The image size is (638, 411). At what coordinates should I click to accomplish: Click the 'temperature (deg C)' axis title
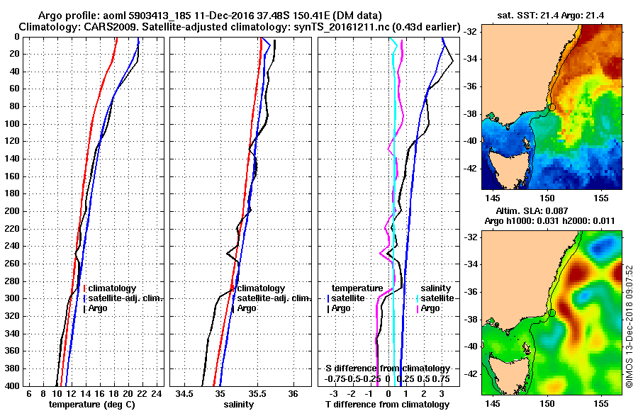[91, 405]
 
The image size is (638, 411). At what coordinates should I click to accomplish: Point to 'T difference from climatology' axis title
[386, 405]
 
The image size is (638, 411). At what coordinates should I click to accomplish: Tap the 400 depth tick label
[11, 385]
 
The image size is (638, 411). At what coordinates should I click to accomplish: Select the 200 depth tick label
[11, 211]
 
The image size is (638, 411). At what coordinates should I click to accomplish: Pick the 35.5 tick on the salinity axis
[257, 393]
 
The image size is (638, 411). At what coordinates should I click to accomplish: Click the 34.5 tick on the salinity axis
[185, 393]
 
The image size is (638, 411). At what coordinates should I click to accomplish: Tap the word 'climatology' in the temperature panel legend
[113, 288]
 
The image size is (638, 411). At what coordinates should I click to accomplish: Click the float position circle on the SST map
[552, 106]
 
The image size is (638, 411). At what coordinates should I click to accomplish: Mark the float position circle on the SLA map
[552, 312]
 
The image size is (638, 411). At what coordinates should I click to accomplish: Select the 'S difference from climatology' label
[387, 368]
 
